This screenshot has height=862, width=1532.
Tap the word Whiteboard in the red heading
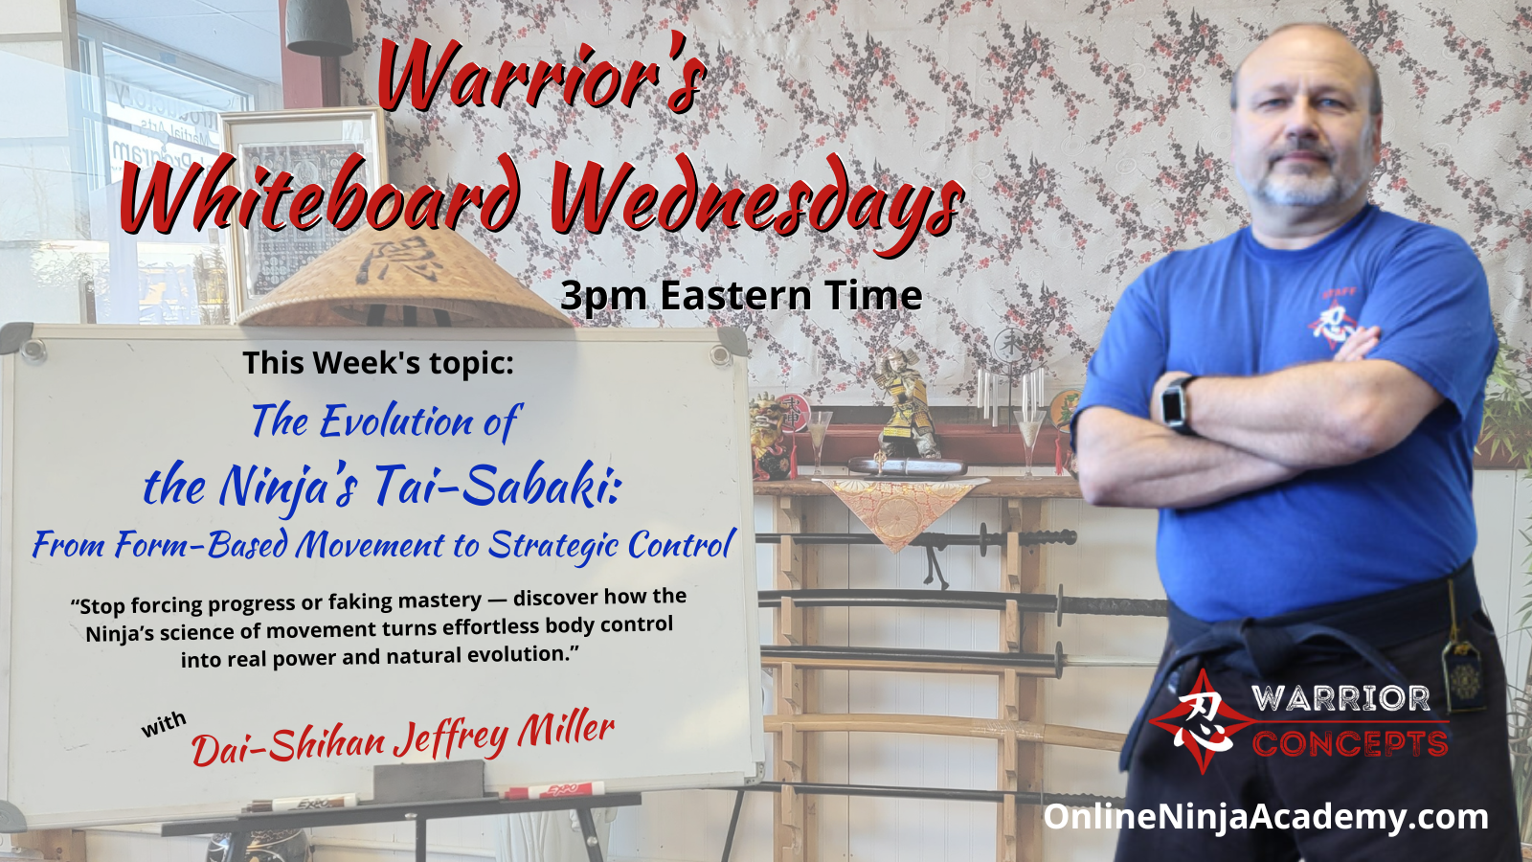(323, 193)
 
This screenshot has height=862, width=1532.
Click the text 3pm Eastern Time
(741, 296)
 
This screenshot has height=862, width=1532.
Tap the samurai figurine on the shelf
(904, 403)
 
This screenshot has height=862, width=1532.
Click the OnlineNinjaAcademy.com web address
(1265, 818)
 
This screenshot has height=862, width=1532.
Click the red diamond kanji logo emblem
(1203, 721)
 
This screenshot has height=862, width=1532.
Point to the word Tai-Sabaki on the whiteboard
(498, 486)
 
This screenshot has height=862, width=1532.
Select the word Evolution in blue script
(396, 421)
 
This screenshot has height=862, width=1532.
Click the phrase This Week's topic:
(377, 363)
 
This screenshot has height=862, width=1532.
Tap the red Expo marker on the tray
(554, 791)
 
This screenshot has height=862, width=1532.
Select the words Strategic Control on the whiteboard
(612, 546)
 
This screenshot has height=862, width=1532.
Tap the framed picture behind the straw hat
(301, 205)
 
